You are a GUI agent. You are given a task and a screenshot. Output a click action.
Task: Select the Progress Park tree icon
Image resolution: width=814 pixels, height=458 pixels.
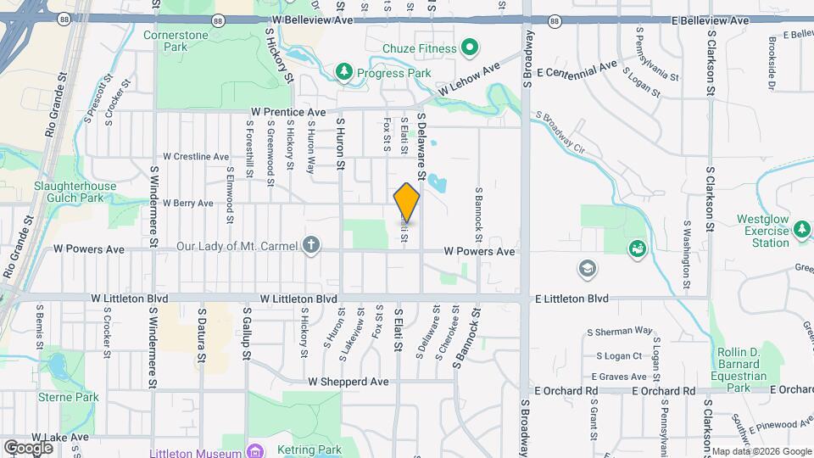pos(343,73)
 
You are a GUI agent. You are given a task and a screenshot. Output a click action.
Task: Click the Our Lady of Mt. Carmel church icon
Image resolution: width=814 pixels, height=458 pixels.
pos(312,247)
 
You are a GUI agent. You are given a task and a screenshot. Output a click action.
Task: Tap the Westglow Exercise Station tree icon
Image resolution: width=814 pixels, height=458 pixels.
pos(801,227)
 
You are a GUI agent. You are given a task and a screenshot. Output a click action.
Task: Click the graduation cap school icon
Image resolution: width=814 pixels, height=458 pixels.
pos(586,270)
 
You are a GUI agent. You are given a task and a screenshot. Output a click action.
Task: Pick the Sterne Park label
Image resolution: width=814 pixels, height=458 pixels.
pos(75,397)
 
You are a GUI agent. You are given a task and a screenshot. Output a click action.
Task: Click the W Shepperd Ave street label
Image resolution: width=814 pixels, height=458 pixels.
pos(348,383)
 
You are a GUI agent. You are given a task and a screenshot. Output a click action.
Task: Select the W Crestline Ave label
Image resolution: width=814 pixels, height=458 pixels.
pos(196,157)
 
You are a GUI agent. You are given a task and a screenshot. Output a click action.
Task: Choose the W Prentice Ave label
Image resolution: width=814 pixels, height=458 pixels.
pos(288,112)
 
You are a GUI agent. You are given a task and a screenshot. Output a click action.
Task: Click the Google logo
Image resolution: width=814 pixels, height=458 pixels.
pos(28,447)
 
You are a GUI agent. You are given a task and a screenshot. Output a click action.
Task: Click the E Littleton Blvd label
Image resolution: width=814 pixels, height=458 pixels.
pos(571,299)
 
